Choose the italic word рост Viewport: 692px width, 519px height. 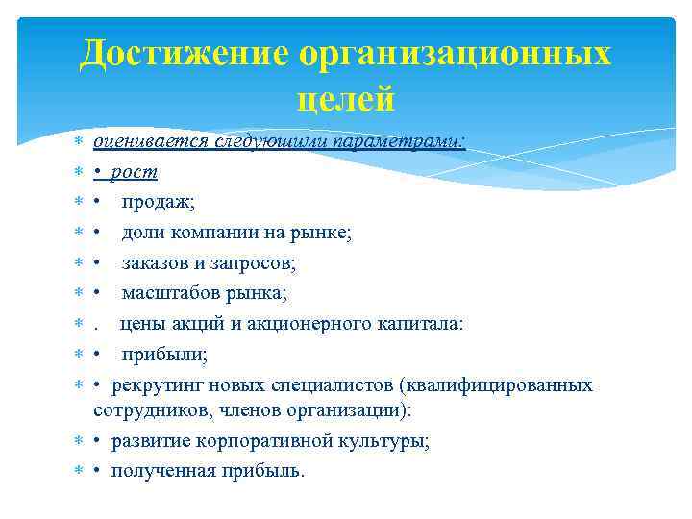[x=135, y=173]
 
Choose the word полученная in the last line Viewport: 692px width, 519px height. [x=158, y=471]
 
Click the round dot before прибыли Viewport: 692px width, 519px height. [x=98, y=355]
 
